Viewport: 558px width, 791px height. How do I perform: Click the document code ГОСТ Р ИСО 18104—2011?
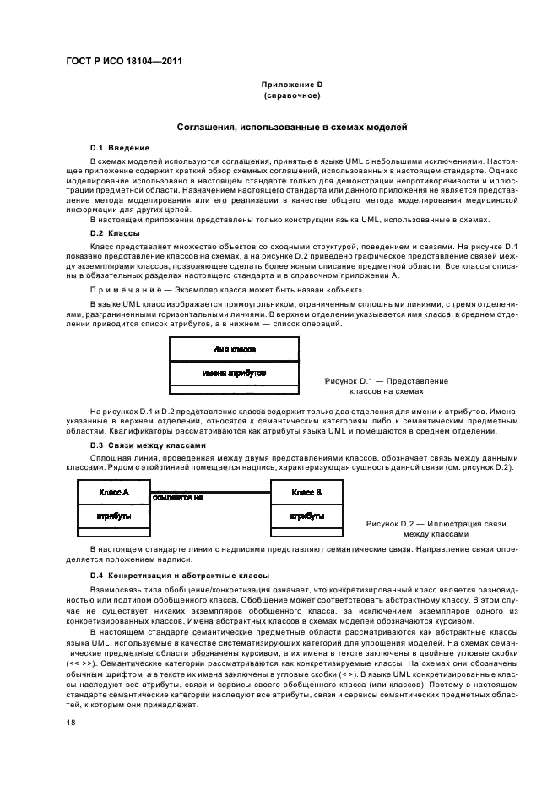[x=124, y=61]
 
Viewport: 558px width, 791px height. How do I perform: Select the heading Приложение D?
[x=291, y=85]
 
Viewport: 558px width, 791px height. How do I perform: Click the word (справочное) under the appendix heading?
[x=291, y=95]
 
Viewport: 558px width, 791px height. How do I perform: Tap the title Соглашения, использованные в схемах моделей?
[x=291, y=127]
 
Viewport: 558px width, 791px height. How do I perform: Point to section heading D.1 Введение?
[x=120, y=147]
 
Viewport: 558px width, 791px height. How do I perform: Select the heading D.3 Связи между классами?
[x=140, y=445]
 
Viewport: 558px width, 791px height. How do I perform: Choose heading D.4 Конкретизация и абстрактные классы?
[x=179, y=576]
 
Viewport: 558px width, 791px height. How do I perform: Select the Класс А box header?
[x=114, y=491]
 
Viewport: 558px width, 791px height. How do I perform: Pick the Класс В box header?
[x=306, y=491]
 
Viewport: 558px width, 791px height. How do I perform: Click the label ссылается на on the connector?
[x=178, y=498]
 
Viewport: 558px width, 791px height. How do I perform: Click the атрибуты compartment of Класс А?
[x=114, y=514]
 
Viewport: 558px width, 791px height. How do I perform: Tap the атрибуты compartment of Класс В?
[x=306, y=514]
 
